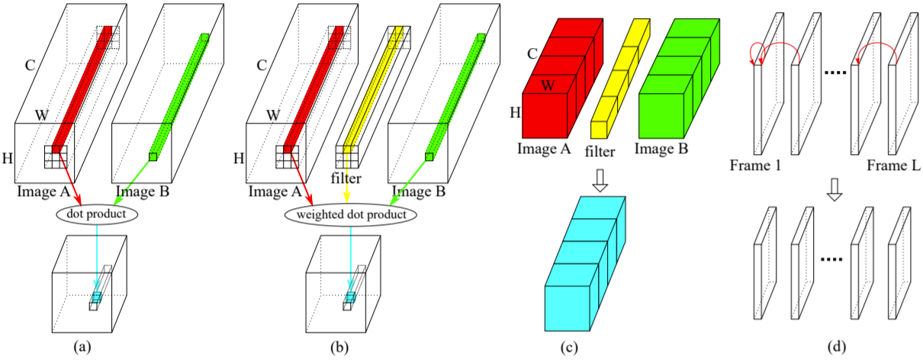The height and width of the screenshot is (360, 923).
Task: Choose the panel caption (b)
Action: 339,347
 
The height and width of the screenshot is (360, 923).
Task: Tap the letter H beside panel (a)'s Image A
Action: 9,159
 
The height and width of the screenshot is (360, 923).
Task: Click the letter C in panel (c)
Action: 533,54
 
